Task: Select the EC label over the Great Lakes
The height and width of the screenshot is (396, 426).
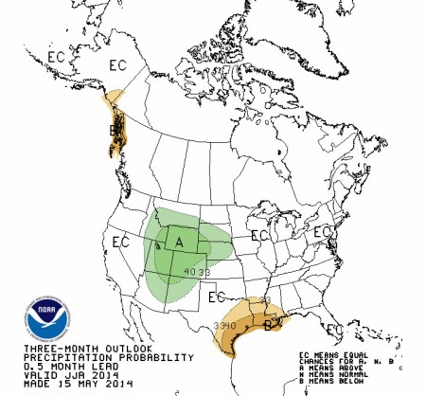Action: click(x=258, y=234)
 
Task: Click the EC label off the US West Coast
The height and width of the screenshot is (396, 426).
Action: click(x=119, y=242)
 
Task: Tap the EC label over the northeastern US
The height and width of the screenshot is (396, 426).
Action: click(x=323, y=231)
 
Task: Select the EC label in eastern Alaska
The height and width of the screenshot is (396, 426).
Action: click(x=118, y=65)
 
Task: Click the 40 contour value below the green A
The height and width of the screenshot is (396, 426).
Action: click(x=190, y=274)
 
